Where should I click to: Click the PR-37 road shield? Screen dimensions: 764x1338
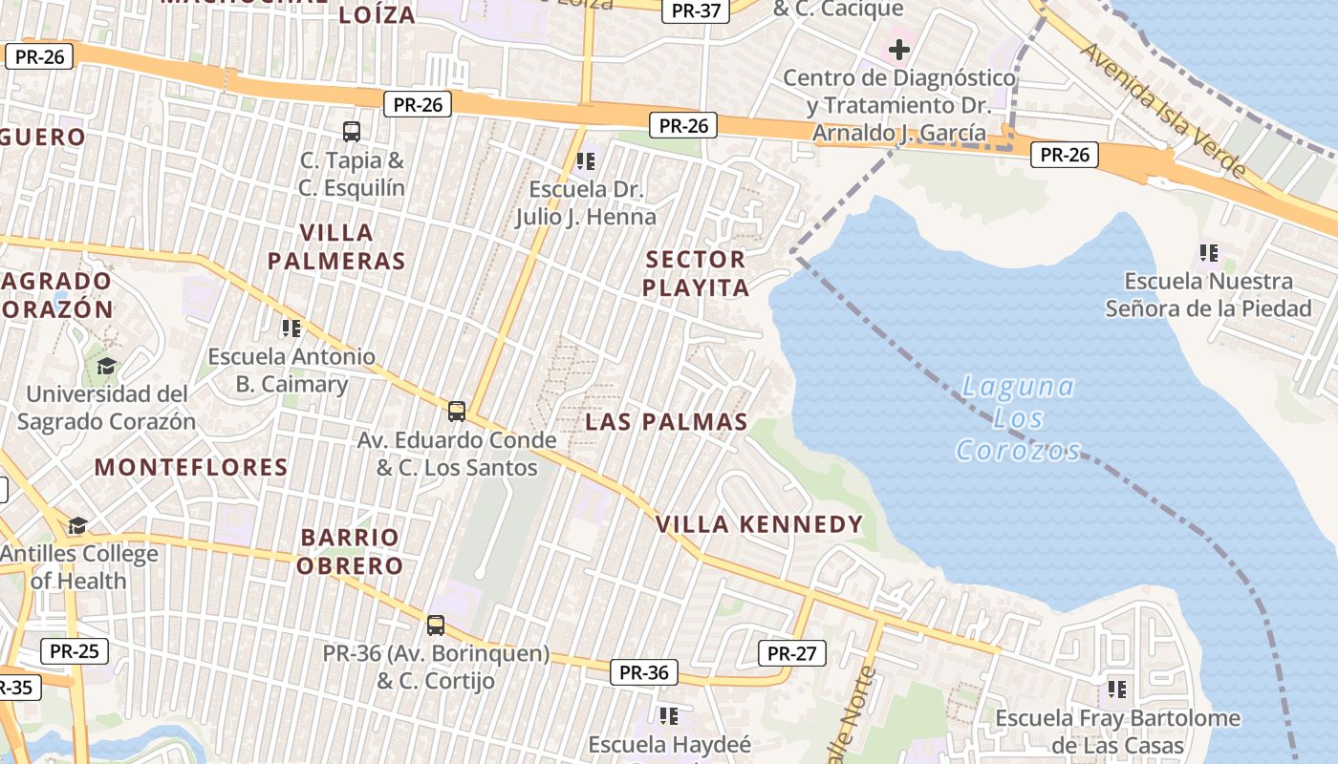(696, 11)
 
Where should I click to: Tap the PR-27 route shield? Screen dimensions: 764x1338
(791, 653)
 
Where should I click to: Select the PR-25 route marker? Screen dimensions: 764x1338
(75, 651)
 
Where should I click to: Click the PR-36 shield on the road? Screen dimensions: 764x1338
(643, 672)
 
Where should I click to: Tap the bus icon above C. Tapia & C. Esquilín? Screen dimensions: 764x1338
(352, 131)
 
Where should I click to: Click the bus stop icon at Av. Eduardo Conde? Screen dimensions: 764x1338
(457, 412)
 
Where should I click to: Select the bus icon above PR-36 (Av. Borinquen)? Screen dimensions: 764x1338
(436, 626)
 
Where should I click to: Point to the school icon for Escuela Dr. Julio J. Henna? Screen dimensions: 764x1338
(586, 160)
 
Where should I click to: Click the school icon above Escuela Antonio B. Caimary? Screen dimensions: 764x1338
(291, 329)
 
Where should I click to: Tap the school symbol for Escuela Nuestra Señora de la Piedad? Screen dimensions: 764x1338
(1209, 253)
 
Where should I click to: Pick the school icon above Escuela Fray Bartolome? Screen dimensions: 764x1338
(1117, 689)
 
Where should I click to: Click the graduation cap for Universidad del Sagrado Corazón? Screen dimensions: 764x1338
(106, 366)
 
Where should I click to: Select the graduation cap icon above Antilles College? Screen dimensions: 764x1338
(77, 525)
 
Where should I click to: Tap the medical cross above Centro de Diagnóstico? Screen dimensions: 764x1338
(898, 49)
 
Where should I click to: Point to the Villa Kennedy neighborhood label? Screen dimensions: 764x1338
(760, 524)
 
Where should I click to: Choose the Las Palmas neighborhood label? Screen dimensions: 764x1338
(666, 422)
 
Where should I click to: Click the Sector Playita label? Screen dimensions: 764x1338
(695, 273)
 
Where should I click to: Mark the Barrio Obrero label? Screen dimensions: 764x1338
(349, 551)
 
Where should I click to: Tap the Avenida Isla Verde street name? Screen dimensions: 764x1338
(1162, 95)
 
